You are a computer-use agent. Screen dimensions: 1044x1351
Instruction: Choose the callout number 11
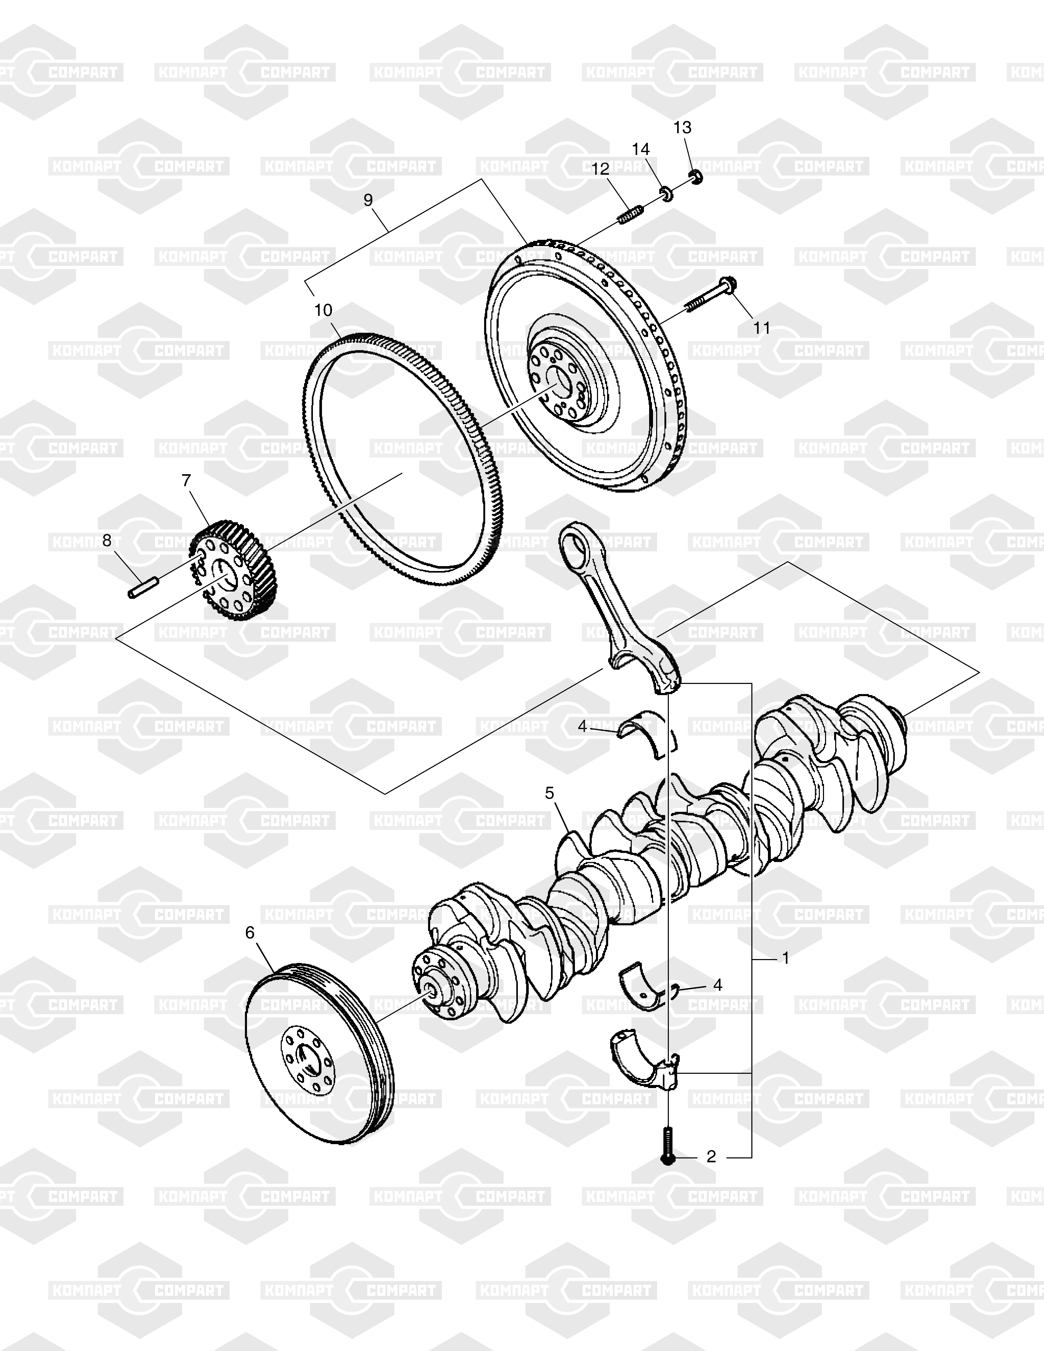tap(762, 328)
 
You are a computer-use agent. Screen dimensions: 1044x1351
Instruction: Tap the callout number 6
tap(250, 932)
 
